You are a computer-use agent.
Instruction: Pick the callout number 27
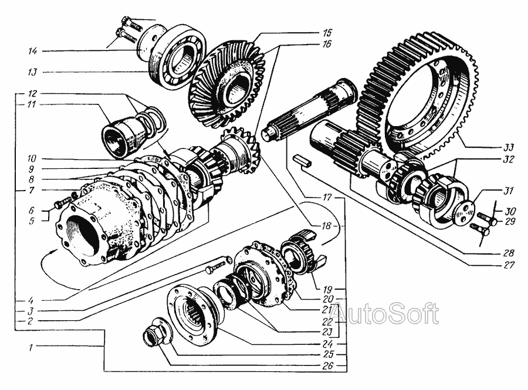[x=509, y=264]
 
